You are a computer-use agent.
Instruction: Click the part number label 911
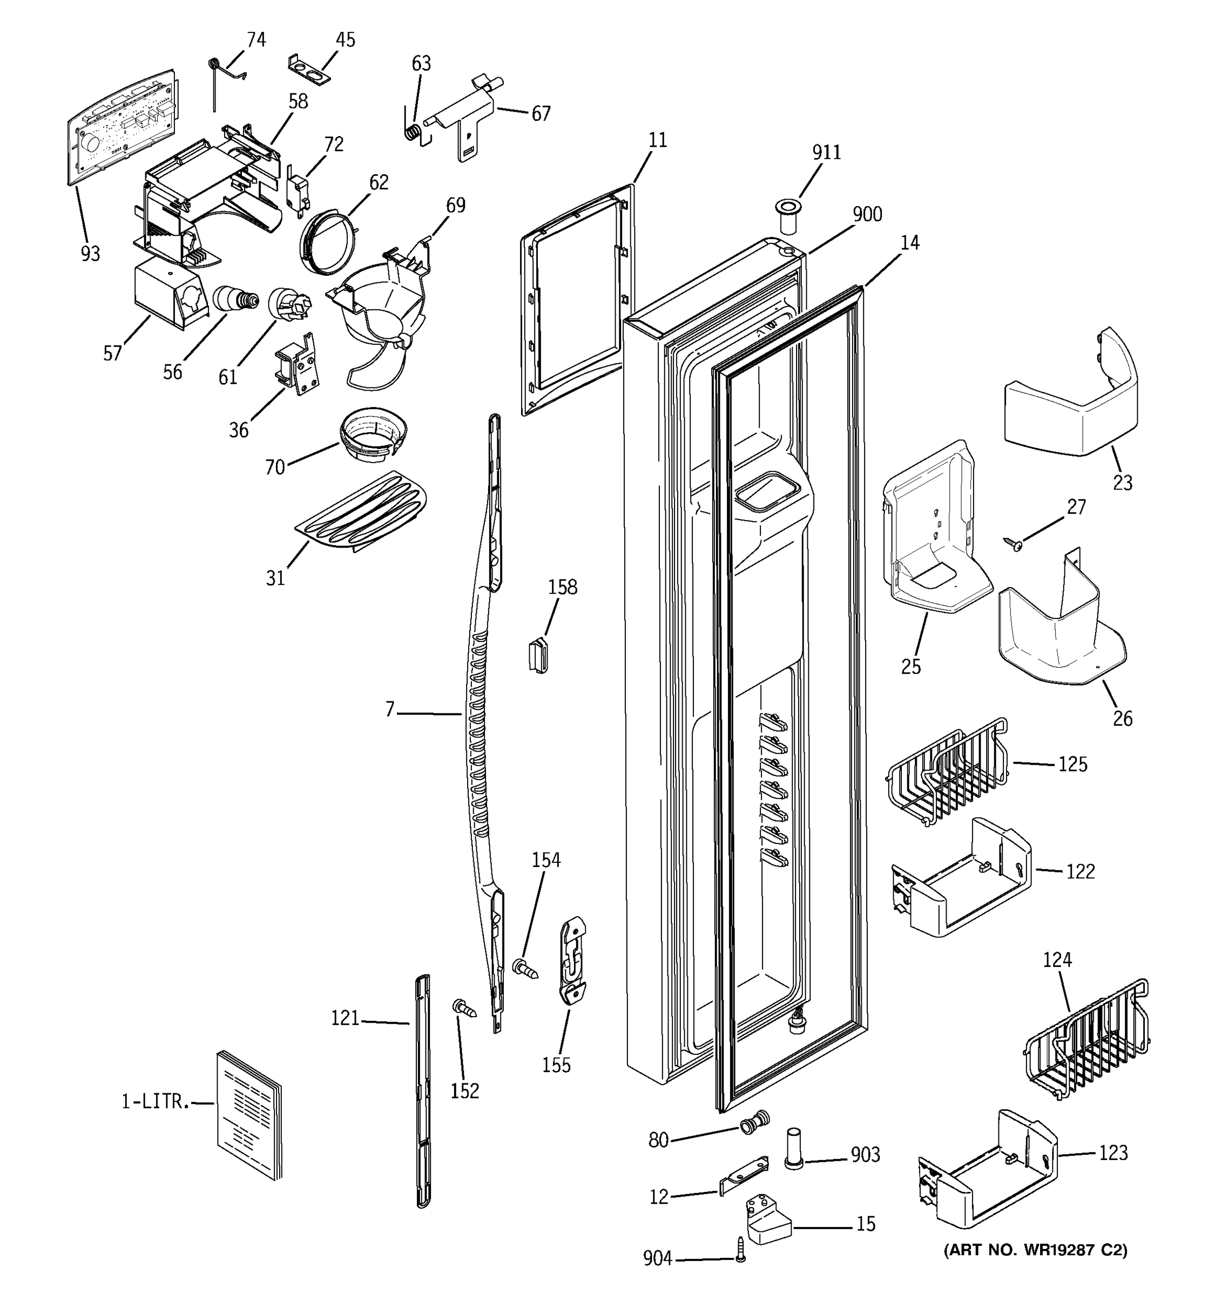(x=826, y=152)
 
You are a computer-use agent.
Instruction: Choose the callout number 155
(x=556, y=1065)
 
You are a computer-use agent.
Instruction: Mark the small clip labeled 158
(x=538, y=655)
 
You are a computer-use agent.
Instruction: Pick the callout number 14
(x=909, y=242)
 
